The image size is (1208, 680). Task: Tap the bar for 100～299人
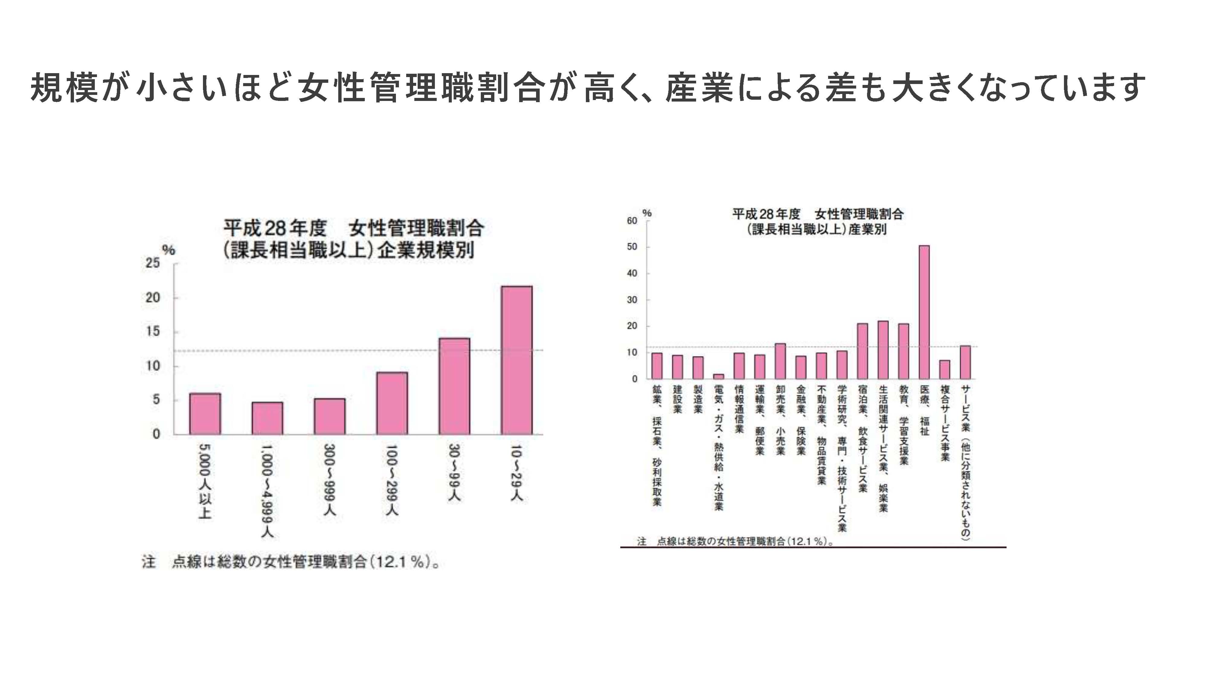coord(392,403)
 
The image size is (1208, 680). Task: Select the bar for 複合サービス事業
coord(944,369)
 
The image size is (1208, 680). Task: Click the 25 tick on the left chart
coord(153,263)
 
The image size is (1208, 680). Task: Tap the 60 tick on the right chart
coord(632,221)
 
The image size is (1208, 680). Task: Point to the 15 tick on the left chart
coord(153,332)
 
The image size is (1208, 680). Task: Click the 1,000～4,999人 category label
coord(267,491)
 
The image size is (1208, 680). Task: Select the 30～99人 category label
coord(454,472)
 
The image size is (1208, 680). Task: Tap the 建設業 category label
coord(677,399)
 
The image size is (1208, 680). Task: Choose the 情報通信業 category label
coord(739,409)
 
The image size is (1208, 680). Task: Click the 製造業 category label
coord(698,399)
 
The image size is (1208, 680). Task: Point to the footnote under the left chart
coord(291,562)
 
